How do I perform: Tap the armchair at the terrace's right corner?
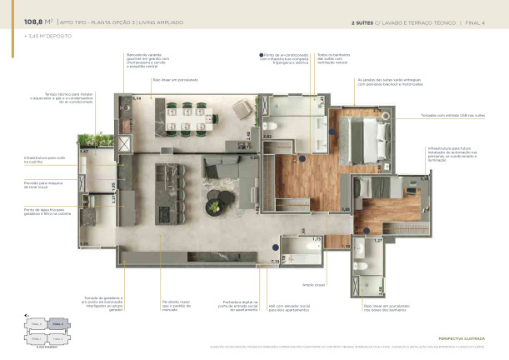242,108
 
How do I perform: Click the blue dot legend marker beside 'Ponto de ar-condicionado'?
262,54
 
